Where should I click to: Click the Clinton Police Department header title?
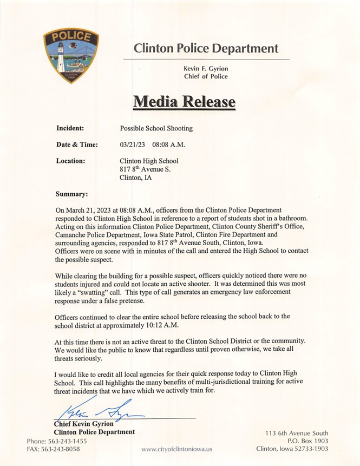(206, 48)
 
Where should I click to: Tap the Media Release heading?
(184, 101)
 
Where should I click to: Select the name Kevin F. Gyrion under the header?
(206, 68)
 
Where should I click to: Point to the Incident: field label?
(70, 128)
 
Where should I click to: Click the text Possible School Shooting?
(156, 129)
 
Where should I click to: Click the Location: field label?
(71, 161)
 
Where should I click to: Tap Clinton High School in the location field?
(149, 161)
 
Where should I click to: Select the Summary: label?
(72, 193)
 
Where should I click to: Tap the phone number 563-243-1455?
(67, 441)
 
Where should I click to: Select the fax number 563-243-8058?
(63, 449)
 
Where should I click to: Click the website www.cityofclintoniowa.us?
(176, 449)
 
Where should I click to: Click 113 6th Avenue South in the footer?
(297, 433)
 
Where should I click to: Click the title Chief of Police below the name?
(206, 77)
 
